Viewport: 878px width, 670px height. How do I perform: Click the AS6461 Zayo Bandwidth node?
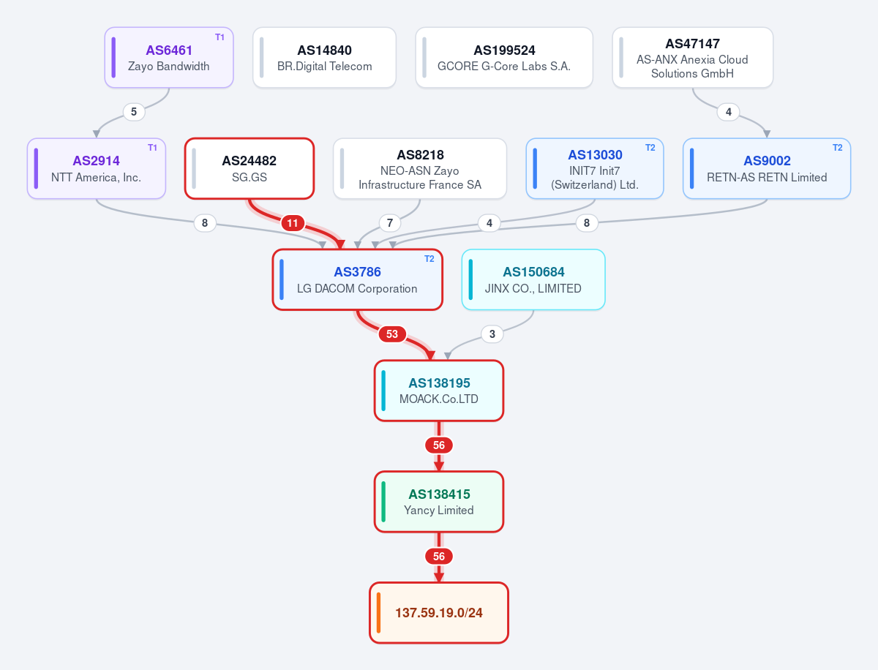(x=169, y=58)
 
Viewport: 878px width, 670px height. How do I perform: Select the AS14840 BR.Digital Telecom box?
(x=324, y=58)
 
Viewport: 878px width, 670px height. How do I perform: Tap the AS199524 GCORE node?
(x=504, y=58)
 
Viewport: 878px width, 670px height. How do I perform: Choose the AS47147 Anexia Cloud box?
(x=692, y=58)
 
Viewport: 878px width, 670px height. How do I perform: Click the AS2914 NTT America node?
(x=97, y=168)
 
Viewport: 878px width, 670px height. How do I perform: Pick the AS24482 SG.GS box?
(x=249, y=168)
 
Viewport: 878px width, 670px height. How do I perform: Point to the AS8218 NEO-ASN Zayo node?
(x=419, y=168)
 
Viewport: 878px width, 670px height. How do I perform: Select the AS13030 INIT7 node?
(x=595, y=168)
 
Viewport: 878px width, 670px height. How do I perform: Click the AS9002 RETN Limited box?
(x=767, y=168)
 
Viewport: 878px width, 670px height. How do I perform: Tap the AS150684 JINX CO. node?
(x=533, y=279)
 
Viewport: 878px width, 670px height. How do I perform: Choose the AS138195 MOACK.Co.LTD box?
(x=439, y=391)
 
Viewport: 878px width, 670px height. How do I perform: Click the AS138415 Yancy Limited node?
(x=439, y=502)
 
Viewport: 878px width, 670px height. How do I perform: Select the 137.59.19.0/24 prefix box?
(x=439, y=613)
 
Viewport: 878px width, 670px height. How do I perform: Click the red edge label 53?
(x=392, y=334)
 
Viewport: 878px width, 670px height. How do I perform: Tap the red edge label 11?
(x=293, y=223)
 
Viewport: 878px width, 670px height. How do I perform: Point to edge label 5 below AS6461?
(x=134, y=111)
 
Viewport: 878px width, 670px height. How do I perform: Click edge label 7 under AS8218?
(x=390, y=223)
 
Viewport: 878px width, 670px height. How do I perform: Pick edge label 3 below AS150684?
(x=492, y=334)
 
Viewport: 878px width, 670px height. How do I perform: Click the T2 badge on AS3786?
(x=429, y=259)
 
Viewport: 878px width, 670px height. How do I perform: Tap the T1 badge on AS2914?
(x=152, y=148)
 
